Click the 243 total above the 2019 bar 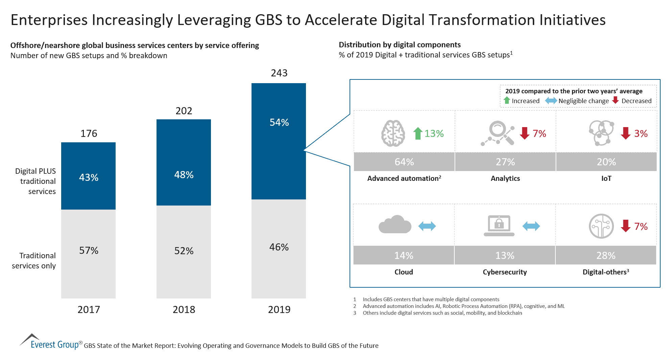click(x=279, y=73)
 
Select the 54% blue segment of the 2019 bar click(x=279, y=141)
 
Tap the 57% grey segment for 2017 click(x=88, y=254)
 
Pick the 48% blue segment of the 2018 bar click(x=184, y=162)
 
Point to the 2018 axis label click(x=184, y=309)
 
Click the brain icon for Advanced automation click(x=393, y=133)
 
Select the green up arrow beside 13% click(x=418, y=133)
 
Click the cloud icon click(x=395, y=225)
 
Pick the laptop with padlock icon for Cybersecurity click(x=499, y=225)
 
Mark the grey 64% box click(x=404, y=162)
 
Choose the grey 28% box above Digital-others click(x=605, y=255)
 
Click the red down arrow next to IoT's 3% click(x=625, y=133)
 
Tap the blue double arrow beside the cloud click(x=427, y=226)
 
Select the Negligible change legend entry click(x=577, y=101)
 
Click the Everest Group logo click(x=50, y=342)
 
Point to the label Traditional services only click(x=34, y=260)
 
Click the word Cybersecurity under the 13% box click(x=504, y=272)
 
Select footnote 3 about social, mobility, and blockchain click(x=442, y=313)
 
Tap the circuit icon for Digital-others click(x=601, y=226)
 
